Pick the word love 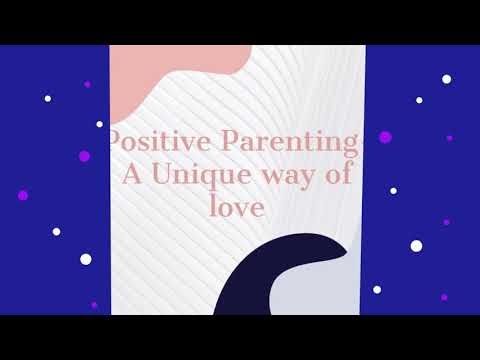point(240,208)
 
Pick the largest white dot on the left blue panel point(85,259)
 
